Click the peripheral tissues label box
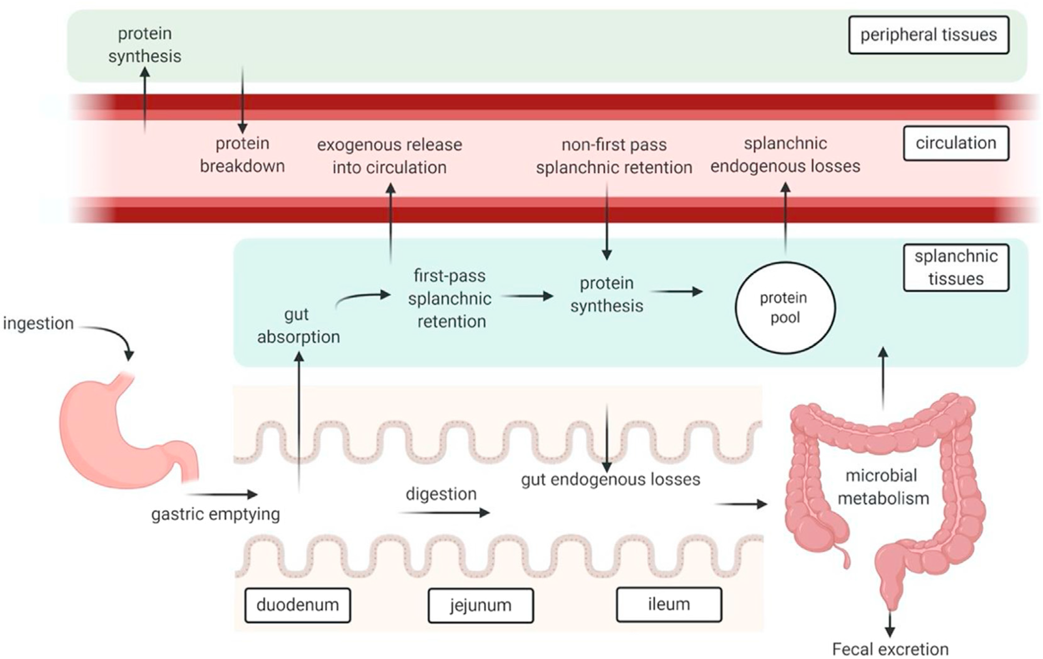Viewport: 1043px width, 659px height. (928, 35)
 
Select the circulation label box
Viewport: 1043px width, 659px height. (955, 143)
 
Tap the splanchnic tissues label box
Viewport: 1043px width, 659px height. (955, 267)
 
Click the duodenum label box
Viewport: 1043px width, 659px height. (297, 605)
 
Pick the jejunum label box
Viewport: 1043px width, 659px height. (480, 606)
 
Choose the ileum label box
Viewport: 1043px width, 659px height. (669, 605)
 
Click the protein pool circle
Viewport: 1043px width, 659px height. (785, 308)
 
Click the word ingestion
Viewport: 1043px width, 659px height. (38, 323)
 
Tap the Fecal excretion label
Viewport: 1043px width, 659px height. (890, 649)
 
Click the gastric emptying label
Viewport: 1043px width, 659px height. (215, 514)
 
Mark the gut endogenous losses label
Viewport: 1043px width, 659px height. (610, 480)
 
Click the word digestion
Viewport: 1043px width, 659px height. (441, 494)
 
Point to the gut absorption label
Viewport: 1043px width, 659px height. (298, 325)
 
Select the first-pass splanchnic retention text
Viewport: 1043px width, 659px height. (450, 299)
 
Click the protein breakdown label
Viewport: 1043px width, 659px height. (242, 155)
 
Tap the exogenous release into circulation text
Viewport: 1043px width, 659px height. (389, 156)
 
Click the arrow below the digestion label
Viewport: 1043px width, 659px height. (443, 513)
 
